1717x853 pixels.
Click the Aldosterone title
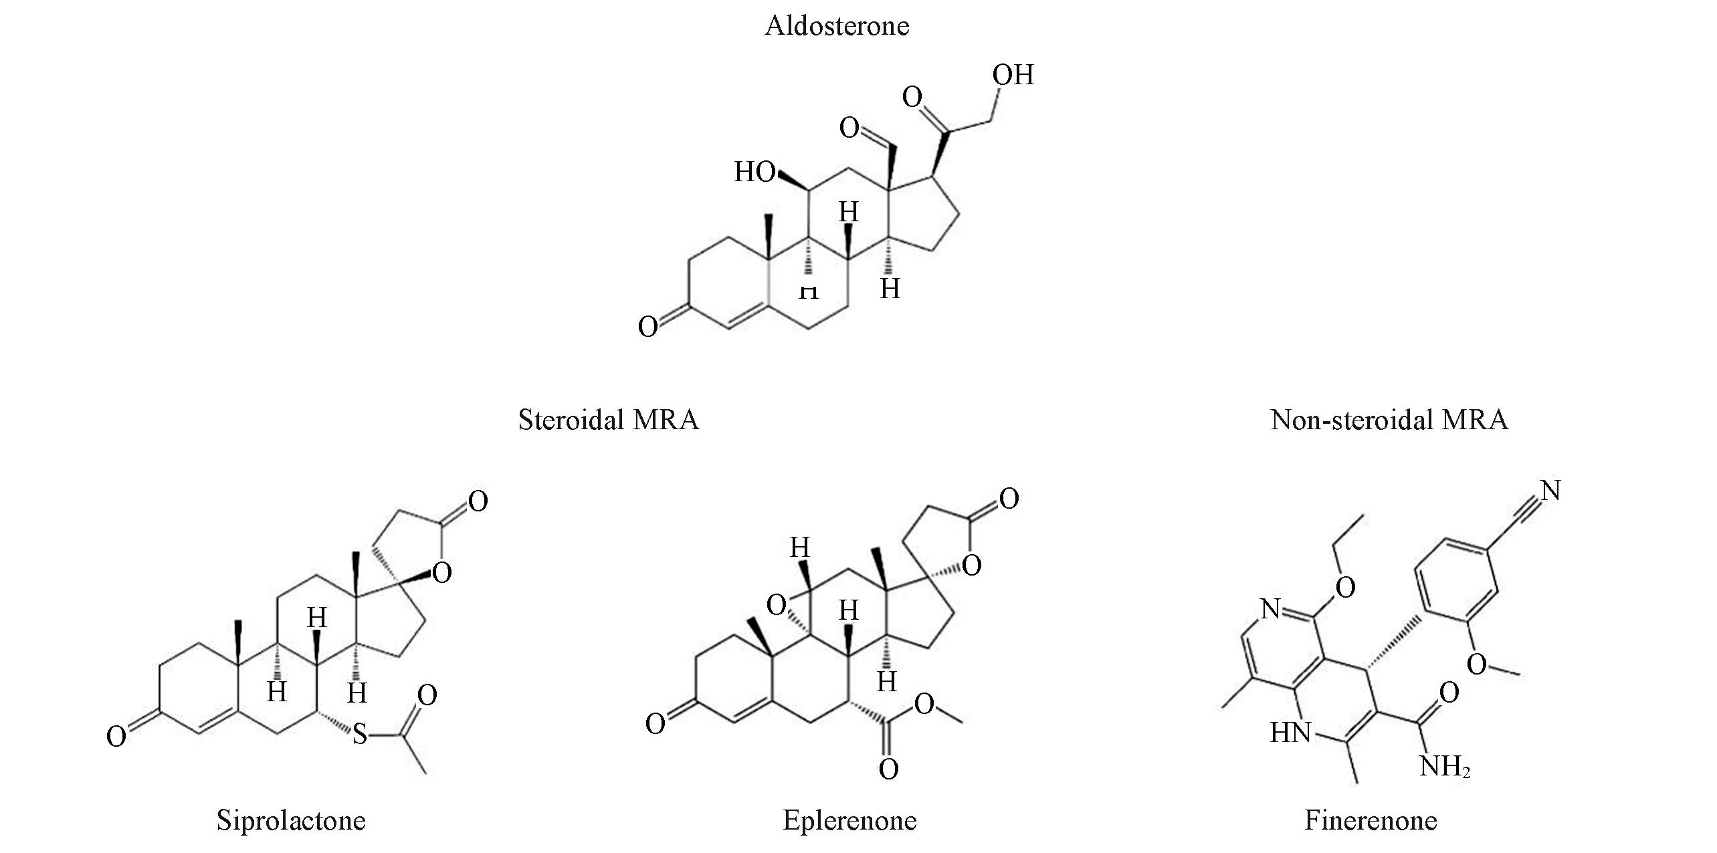pyautogui.click(x=837, y=26)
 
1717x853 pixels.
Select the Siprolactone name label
pyautogui.click(x=291, y=821)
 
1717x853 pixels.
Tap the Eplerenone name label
pyautogui.click(x=849, y=821)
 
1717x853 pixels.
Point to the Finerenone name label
pyautogui.click(x=1371, y=821)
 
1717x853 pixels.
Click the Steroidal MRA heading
pyautogui.click(x=608, y=420)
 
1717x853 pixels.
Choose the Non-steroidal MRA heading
pyautogui.click(x=1389, y=420)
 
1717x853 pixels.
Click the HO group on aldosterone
pyautogui.click(x=754, y=172)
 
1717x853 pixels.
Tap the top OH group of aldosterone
pyautogui.click(x=1013, y=75)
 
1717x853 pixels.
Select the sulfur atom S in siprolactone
pyautogui.click(x=360, y=735)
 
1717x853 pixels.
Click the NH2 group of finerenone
pyautogui.click(x=1445, y=767)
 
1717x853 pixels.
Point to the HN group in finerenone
pyautogui.click(x=1290, y=733)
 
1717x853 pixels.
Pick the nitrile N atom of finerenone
pyautogui.click(x=1550, y=491)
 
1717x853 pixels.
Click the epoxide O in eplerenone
pyautogui.click(x=776, y=606)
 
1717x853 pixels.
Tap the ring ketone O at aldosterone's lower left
pyautogui.click(x=647, y=327)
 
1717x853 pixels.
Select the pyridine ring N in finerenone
pyautogui.click(x=1270, y=609)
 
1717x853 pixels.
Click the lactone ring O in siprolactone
pyautogui.click(x=442, y=572)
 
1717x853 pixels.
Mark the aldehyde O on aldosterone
pyautogui.click(x=849, y=128)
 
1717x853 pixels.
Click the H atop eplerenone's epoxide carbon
pyautogui.click(x=800, y=548)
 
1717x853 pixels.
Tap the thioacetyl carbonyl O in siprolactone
pyautogui.click(x=427, y=695)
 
